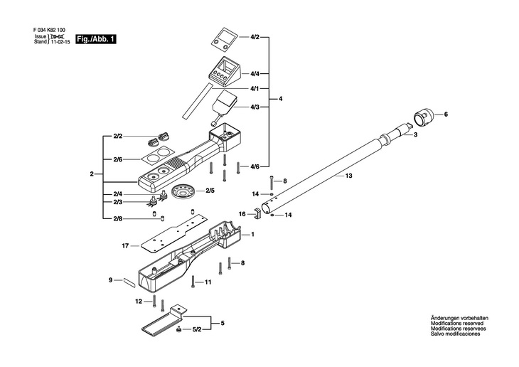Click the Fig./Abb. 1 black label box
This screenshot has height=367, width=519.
pyautogui.click(x=96, y=40)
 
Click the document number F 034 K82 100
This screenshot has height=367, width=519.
pyautogui.click(x=52, y=30)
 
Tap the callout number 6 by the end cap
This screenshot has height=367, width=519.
pyautogui.click(x=446, y=115)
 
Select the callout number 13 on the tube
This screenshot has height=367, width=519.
pyautogui.click(x=348, y=174)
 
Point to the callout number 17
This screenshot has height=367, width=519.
pyautogui.click(x=125, y=246)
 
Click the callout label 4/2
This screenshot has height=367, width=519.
pyautogui.click(x=255, y=36)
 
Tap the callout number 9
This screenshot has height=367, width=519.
pyautogui.click(x=111, y=280)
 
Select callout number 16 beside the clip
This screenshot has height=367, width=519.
pyautogui.click(x=242, y=213)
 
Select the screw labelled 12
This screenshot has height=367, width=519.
pyautogui.click(x=154, y=302)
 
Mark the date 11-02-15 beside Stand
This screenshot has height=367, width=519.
pyautogui.click(x=60, y=42)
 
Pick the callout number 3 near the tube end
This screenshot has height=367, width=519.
pyautogui.click(x=415, y=134)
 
